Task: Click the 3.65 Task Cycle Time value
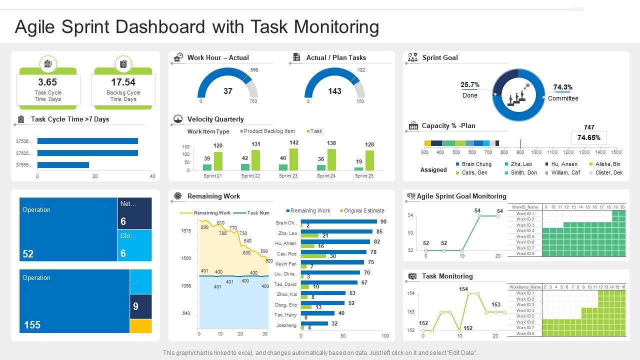[47, 82]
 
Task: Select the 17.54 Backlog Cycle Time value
[123, 82]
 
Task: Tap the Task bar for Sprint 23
[294, 159]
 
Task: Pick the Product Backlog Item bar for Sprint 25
[358, 168]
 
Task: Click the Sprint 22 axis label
[250, 176]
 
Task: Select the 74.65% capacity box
[588, 137]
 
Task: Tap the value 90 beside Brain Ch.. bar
[383, 221]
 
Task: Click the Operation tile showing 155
[74, 301]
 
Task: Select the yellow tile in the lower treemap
[140, 326]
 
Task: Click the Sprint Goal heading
[440, 57]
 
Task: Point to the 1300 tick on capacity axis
[584, 152]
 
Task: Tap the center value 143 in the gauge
[334, 91]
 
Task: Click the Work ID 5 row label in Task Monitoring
[525, 316]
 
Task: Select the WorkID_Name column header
[524, 207]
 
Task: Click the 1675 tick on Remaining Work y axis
[186, 231]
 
